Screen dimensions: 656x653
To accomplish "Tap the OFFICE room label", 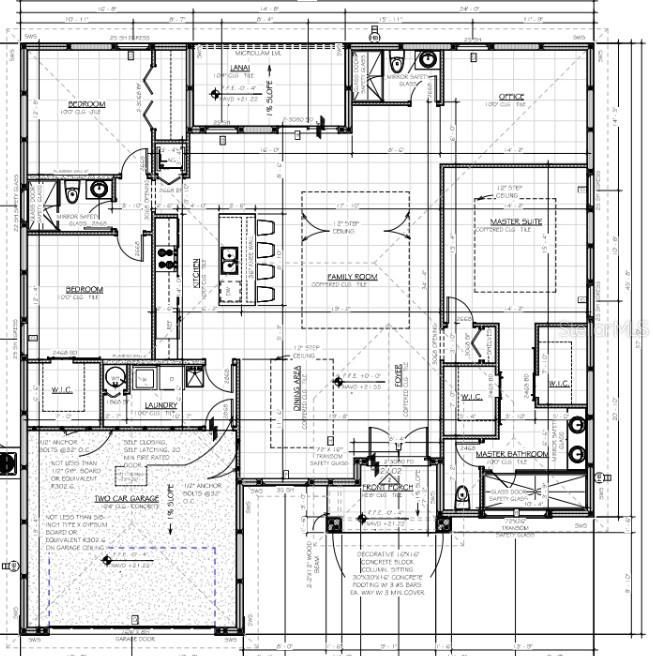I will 512,97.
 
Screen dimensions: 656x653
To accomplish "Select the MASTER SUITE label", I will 515,221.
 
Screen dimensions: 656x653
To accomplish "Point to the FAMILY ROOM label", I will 352,275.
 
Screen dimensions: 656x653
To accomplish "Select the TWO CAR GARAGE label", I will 127,498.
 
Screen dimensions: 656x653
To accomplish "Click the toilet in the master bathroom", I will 462,494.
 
